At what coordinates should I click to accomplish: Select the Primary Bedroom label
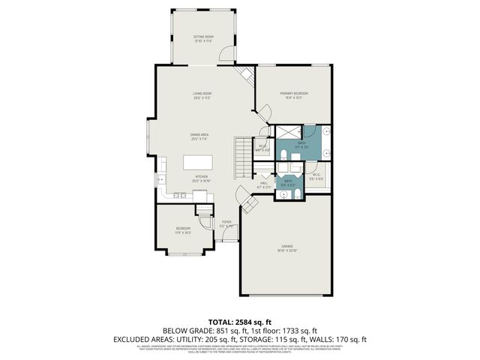(295, 94)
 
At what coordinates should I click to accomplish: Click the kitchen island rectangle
(199, 162)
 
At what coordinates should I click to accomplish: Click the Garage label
(286, 248)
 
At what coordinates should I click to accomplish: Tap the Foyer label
(226, 223)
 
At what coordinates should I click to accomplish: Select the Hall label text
(264, 183)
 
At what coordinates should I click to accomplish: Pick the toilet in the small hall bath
(298, 194)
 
